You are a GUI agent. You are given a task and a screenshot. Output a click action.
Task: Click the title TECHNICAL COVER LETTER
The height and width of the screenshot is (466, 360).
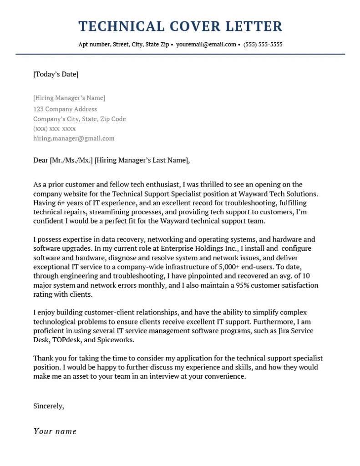point(180,26)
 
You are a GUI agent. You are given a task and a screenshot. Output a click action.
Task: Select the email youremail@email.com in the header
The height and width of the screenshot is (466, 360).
point(206,45)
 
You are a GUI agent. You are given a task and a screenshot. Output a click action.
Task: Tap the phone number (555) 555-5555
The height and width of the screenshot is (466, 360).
point(263,45)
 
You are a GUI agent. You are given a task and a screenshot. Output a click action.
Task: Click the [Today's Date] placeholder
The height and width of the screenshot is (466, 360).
point(56,74)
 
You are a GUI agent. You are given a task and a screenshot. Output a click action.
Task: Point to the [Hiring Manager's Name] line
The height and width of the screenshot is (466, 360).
point(69,98)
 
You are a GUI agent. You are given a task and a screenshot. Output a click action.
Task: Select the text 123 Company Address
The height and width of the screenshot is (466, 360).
point(65,109)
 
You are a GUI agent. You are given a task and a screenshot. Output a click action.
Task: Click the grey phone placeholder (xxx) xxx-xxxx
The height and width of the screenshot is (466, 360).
point(54,129)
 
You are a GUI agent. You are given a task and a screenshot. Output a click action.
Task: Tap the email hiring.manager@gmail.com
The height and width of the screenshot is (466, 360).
point(74,138)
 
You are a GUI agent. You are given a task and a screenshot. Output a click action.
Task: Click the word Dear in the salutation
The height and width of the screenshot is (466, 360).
point(41,160)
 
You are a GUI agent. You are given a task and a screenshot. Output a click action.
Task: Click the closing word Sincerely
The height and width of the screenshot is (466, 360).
point(48,406)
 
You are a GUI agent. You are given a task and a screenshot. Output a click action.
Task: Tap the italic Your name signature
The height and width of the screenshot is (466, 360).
point(55,431)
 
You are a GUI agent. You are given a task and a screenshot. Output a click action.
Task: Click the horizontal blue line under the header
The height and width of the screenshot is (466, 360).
point(180,54)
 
